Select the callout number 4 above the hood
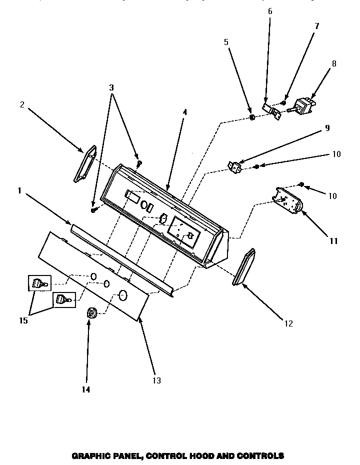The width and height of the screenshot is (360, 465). click(x=184, y=112)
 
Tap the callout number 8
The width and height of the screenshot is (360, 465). click(x=334, y=63)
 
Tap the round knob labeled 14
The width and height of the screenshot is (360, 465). click(x=91, y=313)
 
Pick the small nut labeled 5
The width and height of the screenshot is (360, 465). click(x=252, y=117)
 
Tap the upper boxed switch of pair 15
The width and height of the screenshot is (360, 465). click(x=38, y=283)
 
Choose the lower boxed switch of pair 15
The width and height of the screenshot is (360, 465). click(x=63, y=299)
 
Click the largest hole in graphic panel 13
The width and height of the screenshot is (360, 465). click(x=123, y=295)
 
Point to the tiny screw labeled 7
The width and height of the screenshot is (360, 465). click(x=283, y=102)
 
